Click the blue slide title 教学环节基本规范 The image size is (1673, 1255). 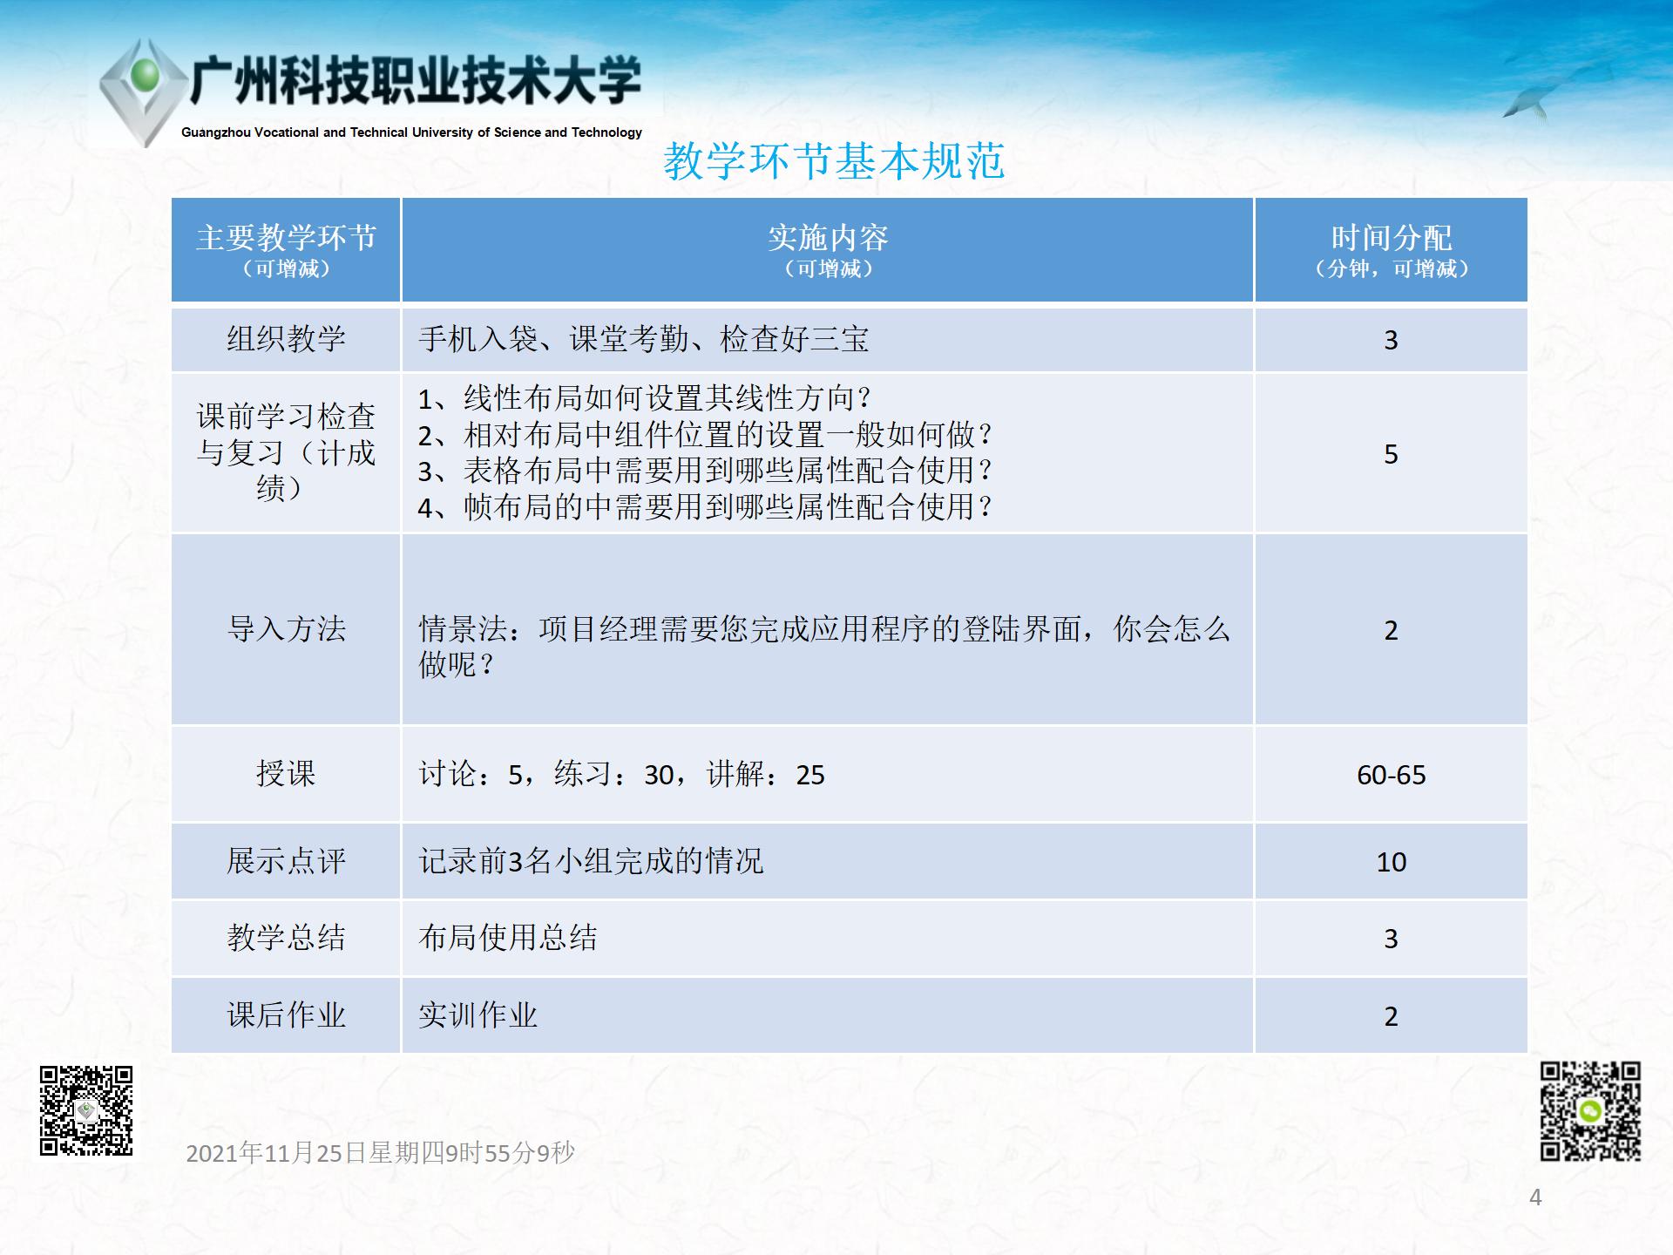834,161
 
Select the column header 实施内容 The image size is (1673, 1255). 828,237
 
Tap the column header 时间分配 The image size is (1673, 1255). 1392,237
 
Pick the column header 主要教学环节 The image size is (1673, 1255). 287,237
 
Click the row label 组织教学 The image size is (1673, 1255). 287,338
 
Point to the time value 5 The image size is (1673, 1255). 1392,454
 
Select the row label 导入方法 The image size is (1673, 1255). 287,628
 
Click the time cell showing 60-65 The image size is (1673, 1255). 1392,775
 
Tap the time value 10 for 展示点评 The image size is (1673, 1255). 1392,862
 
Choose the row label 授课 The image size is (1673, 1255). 287,773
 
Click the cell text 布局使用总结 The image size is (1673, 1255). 508,938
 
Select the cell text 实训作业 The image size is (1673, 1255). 478,1014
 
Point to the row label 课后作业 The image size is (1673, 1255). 287,1014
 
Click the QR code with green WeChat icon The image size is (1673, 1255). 1590,1111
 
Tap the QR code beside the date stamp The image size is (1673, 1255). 86,1111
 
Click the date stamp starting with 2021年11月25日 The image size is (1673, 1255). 381,1153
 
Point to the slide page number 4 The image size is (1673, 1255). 1535,1197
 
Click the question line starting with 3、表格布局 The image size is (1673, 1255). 706,471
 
